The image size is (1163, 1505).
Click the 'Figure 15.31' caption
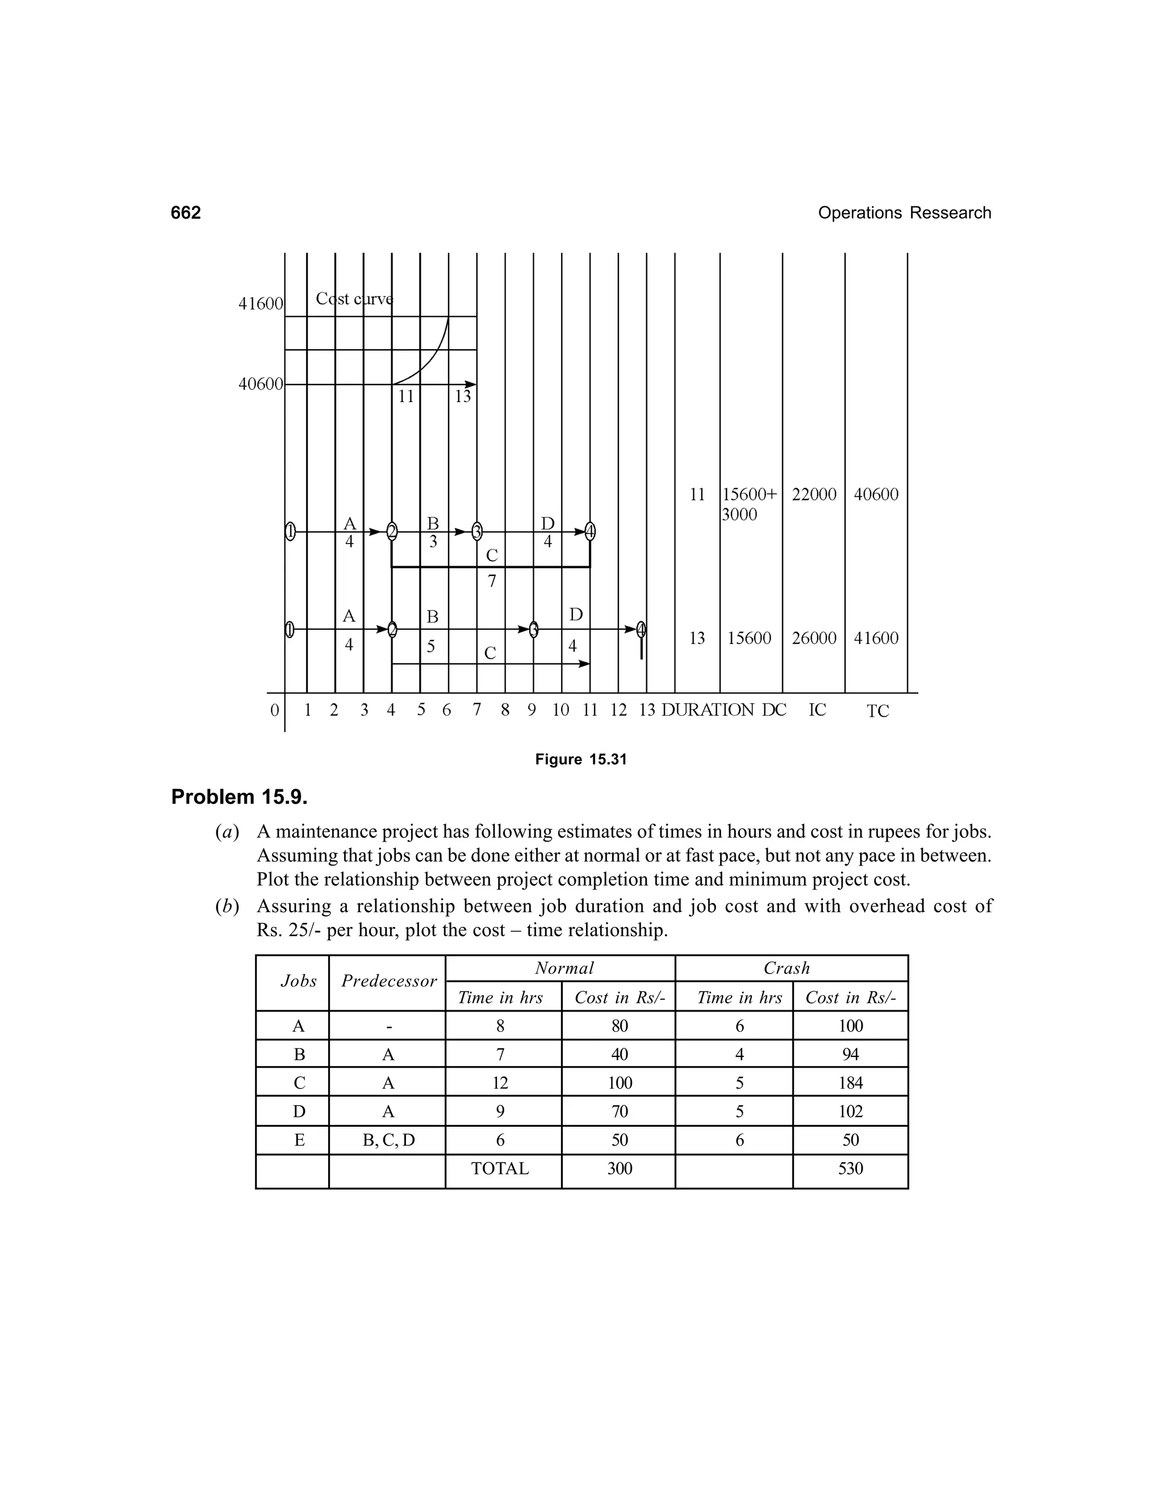(581, 759)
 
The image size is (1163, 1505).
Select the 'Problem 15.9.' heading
(239, 797)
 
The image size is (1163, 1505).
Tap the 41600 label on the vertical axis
(261, 304)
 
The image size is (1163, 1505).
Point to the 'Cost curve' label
(354, 299)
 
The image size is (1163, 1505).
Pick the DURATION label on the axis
(708, 710)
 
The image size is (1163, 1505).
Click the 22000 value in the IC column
(814, 494)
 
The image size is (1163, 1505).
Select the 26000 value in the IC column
(814, 638)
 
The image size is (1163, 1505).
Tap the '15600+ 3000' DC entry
(749, 504)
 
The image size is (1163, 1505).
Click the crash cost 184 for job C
(850, 1083)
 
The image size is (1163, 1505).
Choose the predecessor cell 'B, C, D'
(388, 1140)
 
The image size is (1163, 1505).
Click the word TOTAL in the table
(500, 1169)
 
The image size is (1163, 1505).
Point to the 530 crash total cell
(850, 1169)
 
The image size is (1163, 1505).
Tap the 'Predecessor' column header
(388, 981)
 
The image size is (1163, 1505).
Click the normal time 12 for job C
(500, 1083)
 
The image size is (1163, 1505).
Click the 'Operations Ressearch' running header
(904, 213)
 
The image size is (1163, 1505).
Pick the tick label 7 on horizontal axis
(476, 710)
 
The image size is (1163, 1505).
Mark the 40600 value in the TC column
(876, 494)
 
